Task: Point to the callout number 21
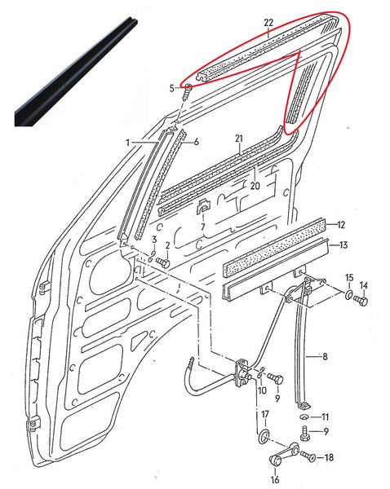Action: coord(239,138)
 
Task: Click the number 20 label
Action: coord(255,185)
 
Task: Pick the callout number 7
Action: coord(202,226)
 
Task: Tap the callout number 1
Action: coord(127,143)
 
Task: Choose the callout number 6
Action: coord(196,141)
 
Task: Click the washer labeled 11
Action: coord(304,416)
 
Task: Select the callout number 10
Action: coord(262,391)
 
